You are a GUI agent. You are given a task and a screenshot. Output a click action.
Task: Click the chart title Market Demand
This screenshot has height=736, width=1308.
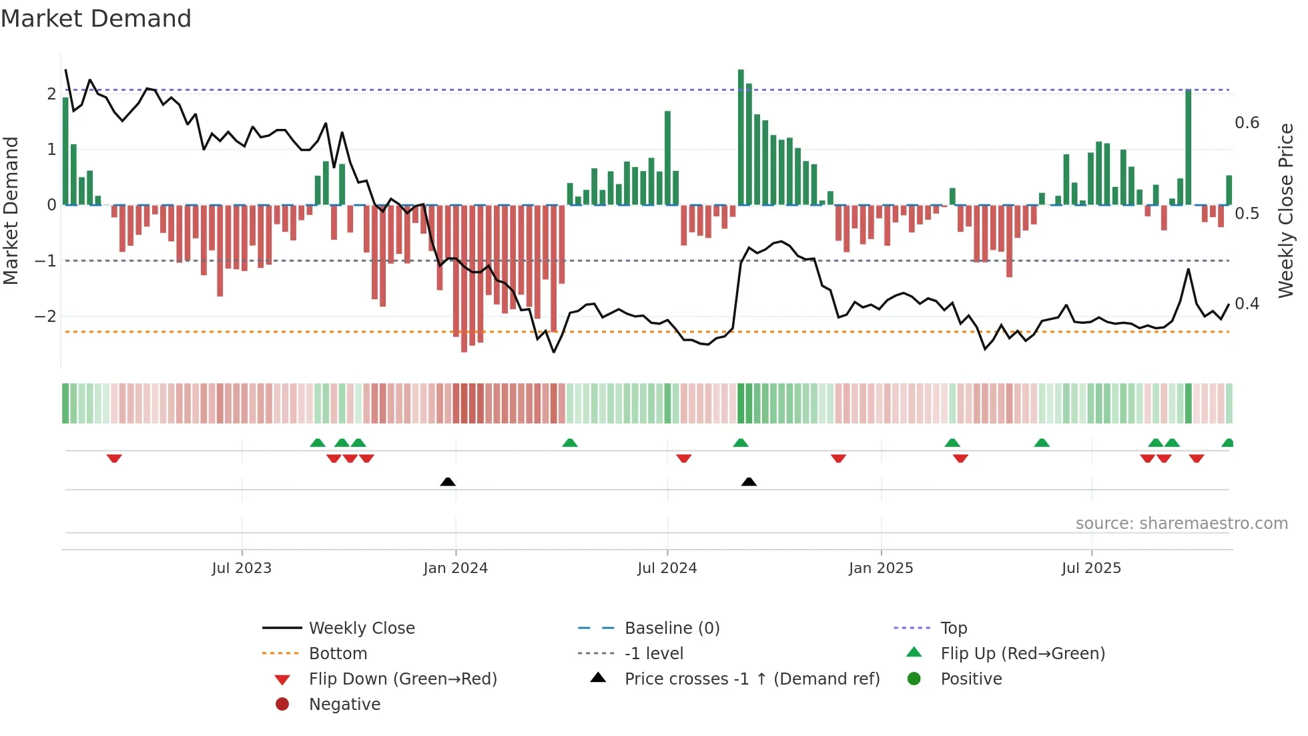pos(96,19)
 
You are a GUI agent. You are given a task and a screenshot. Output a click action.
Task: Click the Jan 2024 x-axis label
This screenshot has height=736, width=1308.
pos(455,568)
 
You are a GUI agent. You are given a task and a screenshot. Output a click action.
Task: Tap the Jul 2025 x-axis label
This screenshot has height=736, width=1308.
pos(1091,568)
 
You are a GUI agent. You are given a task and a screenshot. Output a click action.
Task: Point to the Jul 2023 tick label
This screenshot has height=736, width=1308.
pos(242,568)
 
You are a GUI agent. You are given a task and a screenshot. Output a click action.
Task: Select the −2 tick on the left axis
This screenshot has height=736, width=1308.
pos(45,316)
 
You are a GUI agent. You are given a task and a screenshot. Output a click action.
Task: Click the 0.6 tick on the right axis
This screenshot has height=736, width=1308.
pos(1247,123)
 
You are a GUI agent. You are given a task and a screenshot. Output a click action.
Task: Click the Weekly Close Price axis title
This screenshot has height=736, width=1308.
pos(1285,210)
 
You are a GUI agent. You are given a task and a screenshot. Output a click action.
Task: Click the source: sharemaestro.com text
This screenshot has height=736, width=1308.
pos(1181,524)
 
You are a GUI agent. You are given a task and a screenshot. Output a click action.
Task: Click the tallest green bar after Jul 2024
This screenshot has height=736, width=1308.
pos(741,137)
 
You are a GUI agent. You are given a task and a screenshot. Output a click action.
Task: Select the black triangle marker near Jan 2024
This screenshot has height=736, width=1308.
pos(448,482)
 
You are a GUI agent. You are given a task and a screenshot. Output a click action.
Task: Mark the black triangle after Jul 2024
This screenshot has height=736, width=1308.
pos(749,482)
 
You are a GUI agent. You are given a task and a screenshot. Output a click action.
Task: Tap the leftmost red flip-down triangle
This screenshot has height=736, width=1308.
pos(114,459)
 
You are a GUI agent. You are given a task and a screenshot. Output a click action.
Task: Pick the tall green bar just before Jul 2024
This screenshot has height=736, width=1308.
pos(667,158)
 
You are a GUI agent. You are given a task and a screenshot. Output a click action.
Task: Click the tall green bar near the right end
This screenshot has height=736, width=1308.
pos(1189,147)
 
